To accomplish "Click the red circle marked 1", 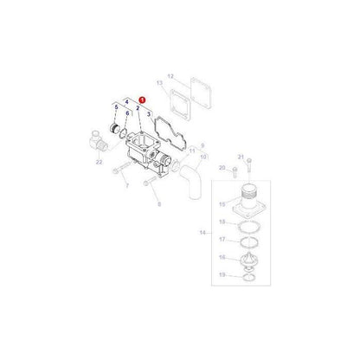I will [142, 100].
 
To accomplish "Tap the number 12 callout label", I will [171, 76].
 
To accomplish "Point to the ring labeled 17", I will [246, 240].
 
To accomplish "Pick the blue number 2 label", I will [138, 108].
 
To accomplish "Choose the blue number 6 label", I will [127, 114].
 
